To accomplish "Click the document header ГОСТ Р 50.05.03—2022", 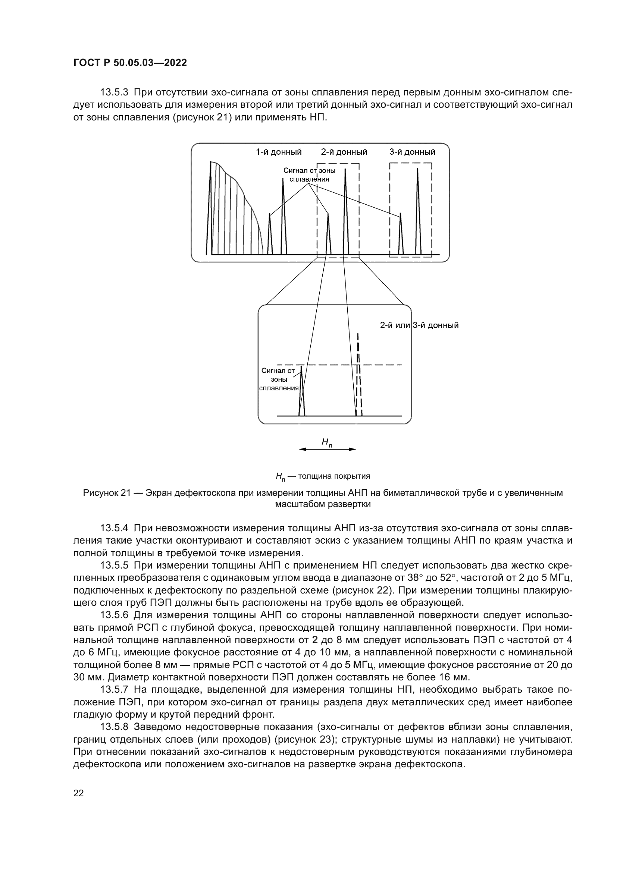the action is [130, 63].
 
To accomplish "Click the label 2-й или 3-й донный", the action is [419, 325].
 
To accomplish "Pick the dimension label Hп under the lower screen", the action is [327, 442].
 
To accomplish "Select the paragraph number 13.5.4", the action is [115, 529].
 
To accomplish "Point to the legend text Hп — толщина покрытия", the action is [323, 476].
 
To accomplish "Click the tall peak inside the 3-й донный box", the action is [417, 211].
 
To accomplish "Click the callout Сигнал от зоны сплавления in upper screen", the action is [309, 175].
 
